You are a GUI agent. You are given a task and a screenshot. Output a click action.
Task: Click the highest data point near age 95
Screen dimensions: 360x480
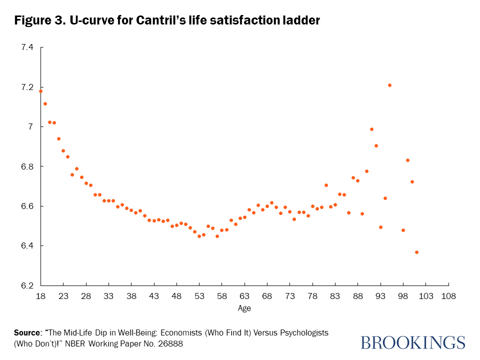click(389, 85)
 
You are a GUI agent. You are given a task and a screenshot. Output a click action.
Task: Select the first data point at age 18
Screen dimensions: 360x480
click(40, 91)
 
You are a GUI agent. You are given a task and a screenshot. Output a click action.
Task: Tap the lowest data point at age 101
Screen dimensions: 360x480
click(416, 252)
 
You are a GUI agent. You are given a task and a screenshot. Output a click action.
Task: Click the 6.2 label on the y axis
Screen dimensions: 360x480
click(26, 285)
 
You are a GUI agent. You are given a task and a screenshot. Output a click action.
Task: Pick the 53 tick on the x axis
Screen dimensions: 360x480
click(199, 295)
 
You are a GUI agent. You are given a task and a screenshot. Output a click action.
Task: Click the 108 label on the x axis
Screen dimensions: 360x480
click(448, 295)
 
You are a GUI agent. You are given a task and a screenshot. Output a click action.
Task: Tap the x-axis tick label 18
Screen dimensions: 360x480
click(41, 295)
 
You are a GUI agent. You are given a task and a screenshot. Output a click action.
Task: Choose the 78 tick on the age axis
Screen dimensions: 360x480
click(312, 295)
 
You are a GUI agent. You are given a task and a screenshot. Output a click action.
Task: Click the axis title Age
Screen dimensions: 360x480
click(244, 308)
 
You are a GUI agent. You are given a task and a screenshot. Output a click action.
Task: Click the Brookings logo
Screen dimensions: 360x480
click(412, 342)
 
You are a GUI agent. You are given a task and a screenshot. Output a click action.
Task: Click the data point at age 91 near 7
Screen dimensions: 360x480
click(371, 129)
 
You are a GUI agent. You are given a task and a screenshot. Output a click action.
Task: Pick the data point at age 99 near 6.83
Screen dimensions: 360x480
click(407, 160)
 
